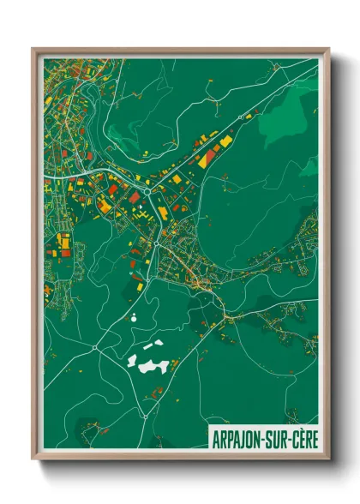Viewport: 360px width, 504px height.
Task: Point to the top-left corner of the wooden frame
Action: tap(33, 49)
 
